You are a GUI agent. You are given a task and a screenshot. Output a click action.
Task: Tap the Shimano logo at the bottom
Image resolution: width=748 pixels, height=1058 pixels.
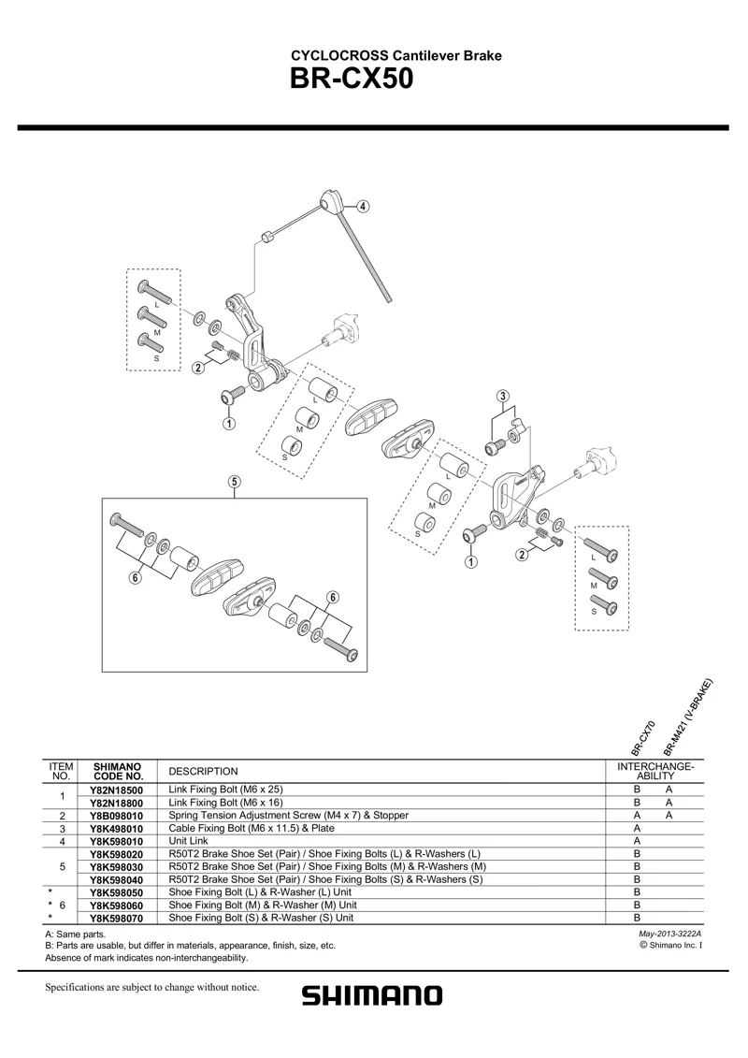click(371, 995)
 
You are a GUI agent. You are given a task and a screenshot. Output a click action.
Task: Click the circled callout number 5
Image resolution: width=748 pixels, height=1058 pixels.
click(234, 483)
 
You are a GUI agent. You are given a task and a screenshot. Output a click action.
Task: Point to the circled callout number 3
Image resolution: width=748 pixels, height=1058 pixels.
click(503, 395)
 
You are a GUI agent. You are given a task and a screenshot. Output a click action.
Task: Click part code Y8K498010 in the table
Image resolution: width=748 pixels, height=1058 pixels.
click(117, 828)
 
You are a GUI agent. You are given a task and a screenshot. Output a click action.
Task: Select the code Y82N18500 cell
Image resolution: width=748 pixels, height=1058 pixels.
click(117, 790)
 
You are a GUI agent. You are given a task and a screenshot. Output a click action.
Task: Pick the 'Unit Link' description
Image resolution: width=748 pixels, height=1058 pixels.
click(188, 841)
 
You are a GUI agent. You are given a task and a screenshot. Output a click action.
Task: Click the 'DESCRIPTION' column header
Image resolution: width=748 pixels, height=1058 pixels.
click(203, 771)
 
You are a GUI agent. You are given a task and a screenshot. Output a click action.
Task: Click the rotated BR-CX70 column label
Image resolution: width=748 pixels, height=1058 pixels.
click(642, 737)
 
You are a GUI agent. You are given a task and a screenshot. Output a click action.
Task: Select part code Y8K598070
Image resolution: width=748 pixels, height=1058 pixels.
click(117, 918)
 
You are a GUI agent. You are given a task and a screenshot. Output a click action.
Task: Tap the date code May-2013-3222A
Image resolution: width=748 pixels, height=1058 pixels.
click(669, 934)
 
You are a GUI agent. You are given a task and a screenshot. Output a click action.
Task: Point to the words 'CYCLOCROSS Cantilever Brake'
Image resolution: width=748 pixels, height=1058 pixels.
click(397, 56)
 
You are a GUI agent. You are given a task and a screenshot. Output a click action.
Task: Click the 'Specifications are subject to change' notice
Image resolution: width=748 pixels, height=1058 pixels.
click(151, 988)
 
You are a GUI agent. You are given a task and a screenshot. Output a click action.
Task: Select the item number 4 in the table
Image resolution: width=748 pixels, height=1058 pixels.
click(61, 841)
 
